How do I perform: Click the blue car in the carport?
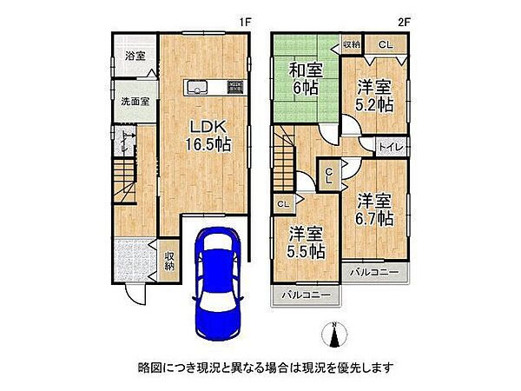[x=214, y=283]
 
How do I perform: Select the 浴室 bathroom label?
[x=135, y=56]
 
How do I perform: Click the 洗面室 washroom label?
[x=135, y=100]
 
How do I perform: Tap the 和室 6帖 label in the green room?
[x=305, y=77]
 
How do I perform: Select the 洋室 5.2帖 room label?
[x=373, y=95]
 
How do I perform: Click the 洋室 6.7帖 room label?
[x=373, y=208]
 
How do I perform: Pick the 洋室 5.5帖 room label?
[x=307, y=241]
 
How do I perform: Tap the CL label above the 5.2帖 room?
[x=383, y=44]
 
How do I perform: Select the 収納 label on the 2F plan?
[x=351, y=44]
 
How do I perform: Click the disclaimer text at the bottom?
[x=260, y=367]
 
